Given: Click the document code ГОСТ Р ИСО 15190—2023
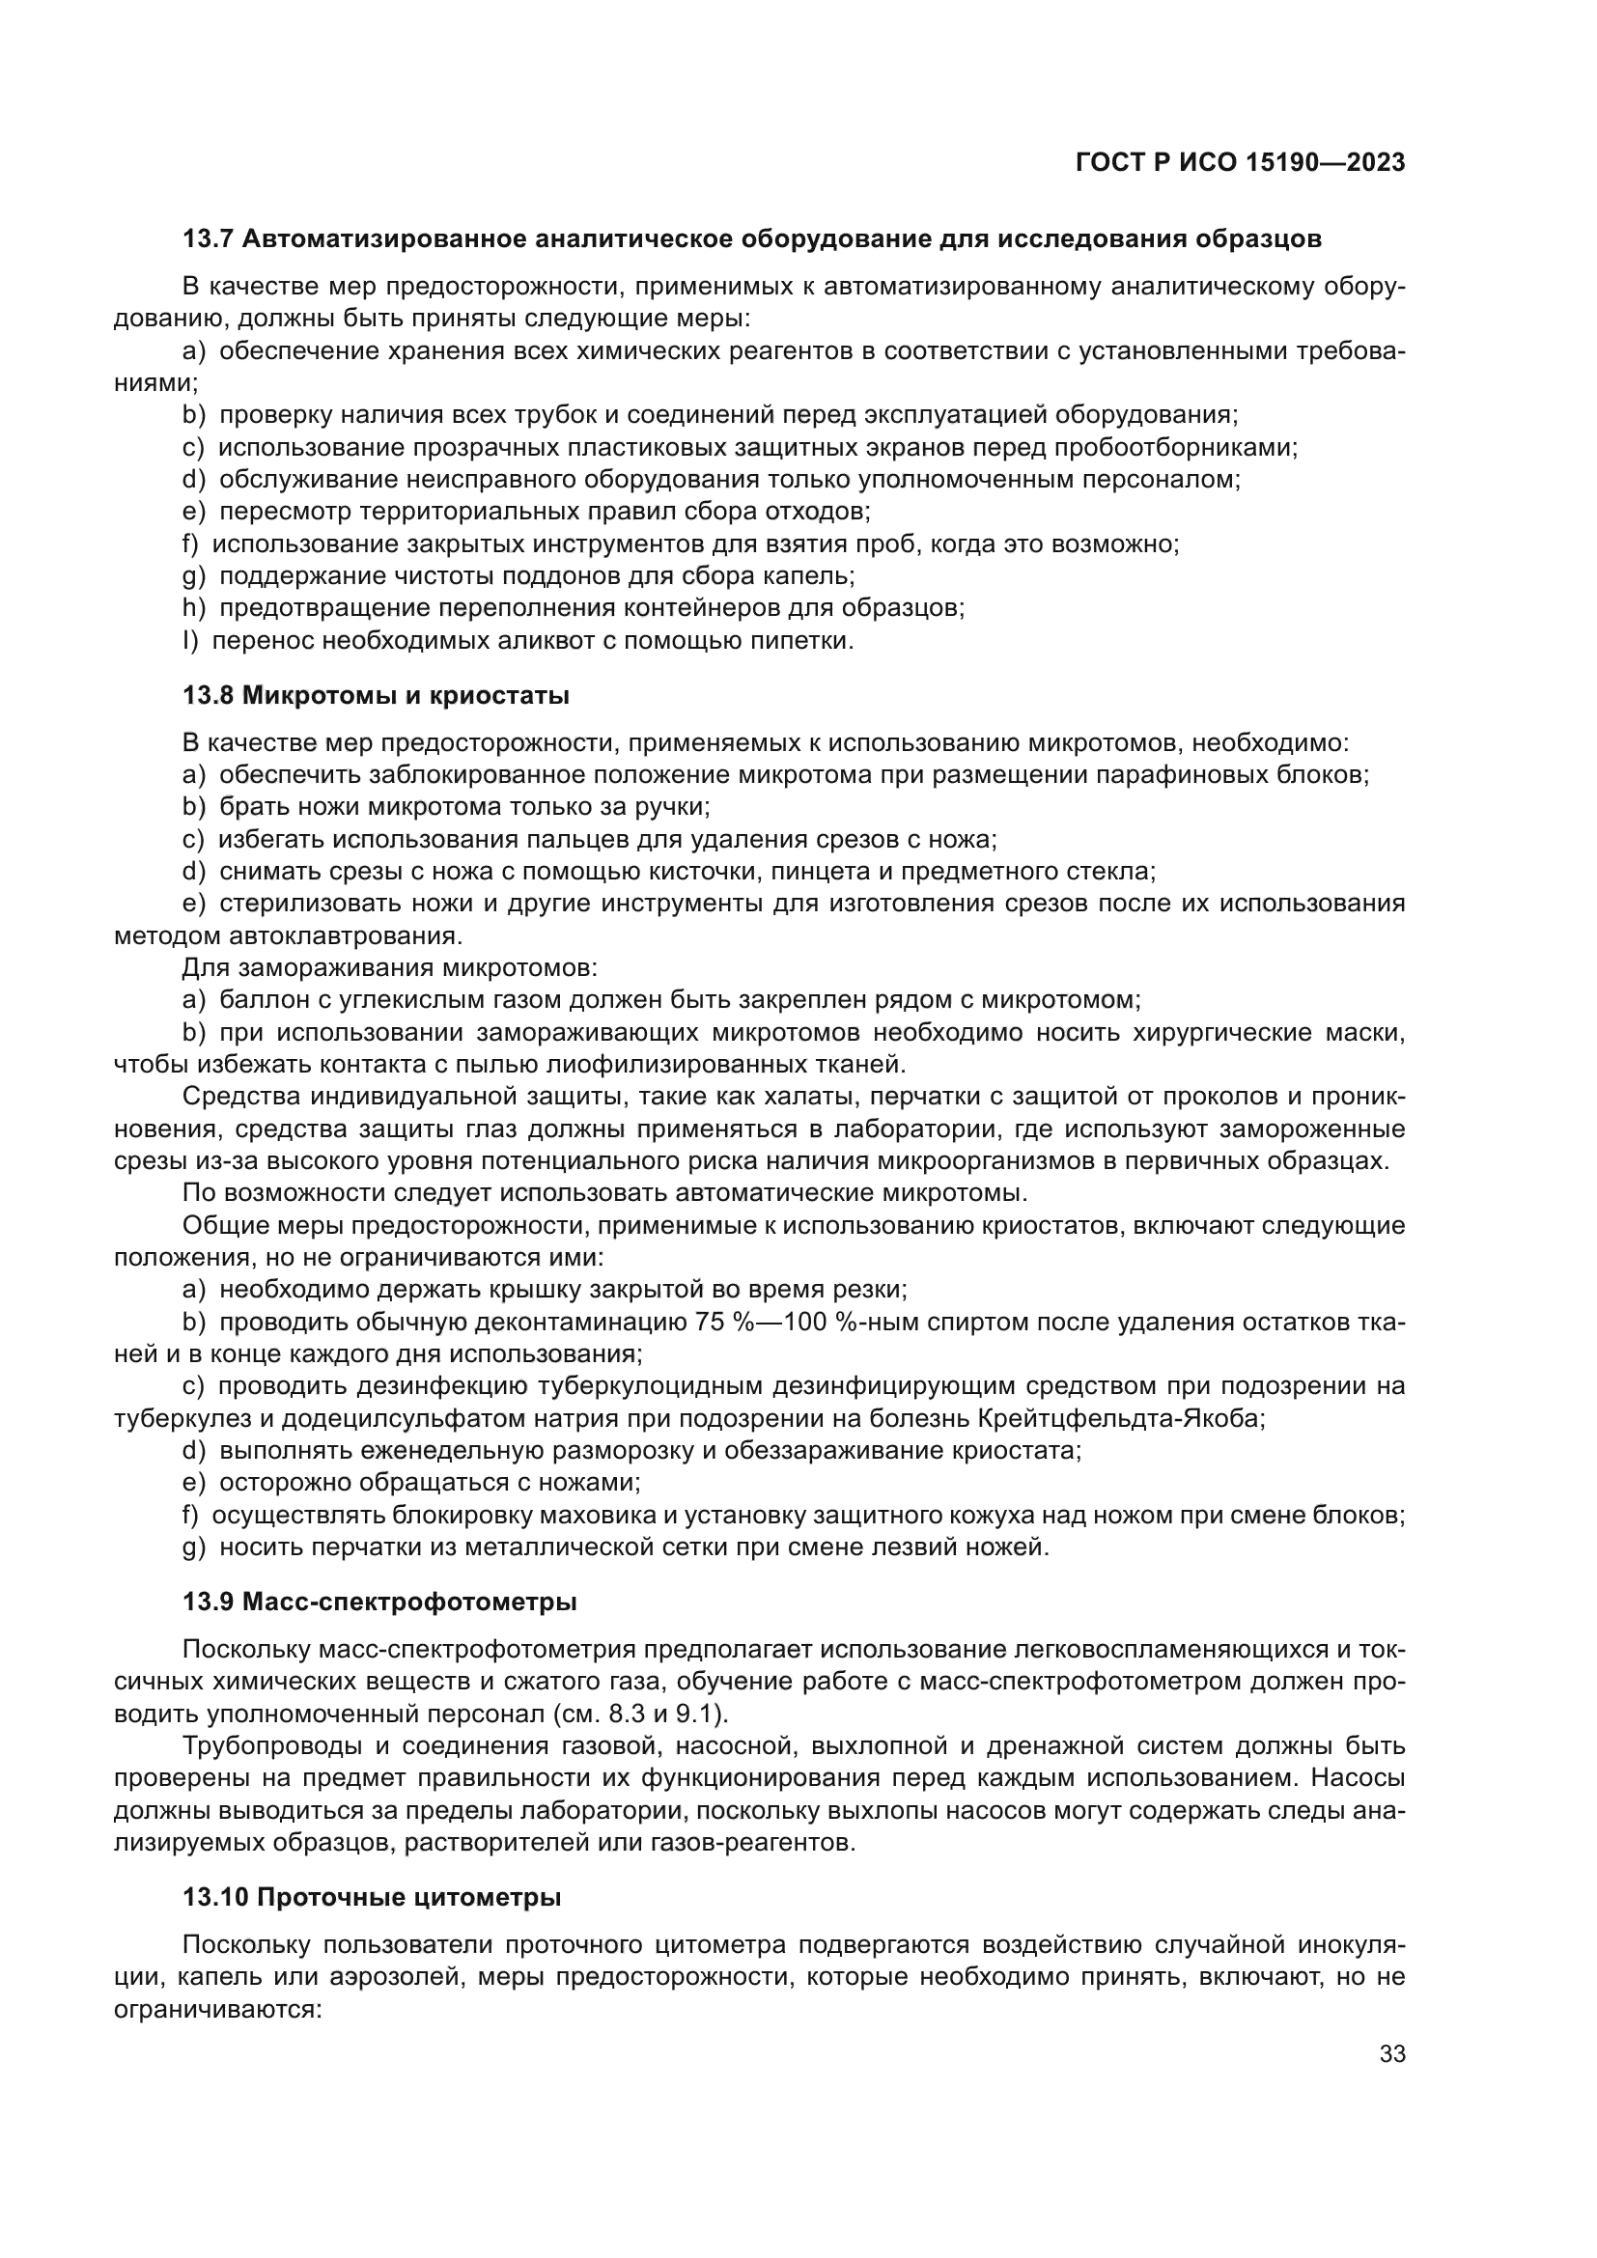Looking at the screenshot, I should click(1240, 162).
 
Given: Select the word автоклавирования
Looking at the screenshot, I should click(344, 935).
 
